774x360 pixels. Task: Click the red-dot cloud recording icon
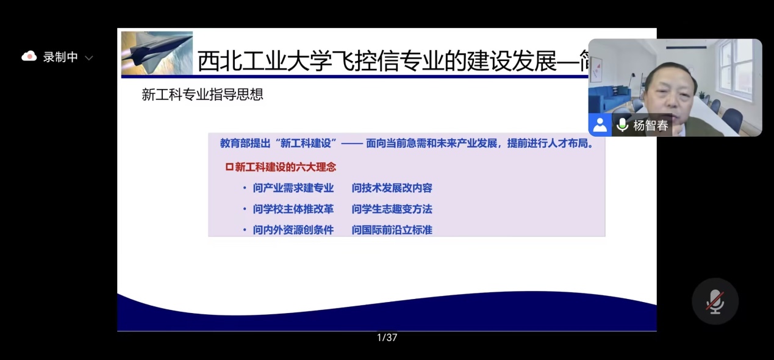[x=29, y=56]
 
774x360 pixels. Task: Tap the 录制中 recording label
[x=60, y=57]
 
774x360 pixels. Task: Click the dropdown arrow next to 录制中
[x=89, y=58]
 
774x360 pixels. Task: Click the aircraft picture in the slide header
[x=157, y=52]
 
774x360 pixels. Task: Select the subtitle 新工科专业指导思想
[x=202, y=95]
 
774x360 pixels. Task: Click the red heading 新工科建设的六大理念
[x=285, y=167]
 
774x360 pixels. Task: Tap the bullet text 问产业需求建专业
[x=293, y=188]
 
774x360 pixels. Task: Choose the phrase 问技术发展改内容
[x=392, y=188]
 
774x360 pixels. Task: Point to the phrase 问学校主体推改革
[x=293, y=209]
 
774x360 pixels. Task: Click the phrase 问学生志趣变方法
[x=392, y=209]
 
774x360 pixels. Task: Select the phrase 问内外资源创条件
[x=293, y=230]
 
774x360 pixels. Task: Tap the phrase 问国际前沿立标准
[x=392, y=230]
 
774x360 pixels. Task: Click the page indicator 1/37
[x=387, y=337]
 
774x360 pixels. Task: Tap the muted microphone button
[x=715, y=301]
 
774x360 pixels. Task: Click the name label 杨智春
[x=651, y=125]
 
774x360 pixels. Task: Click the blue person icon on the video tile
[x=600, y=125]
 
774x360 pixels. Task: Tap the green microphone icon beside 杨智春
[x=622, y=125]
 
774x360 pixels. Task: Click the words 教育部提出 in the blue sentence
[x=245, y=143]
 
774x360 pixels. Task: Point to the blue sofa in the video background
[x=610, y=98]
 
